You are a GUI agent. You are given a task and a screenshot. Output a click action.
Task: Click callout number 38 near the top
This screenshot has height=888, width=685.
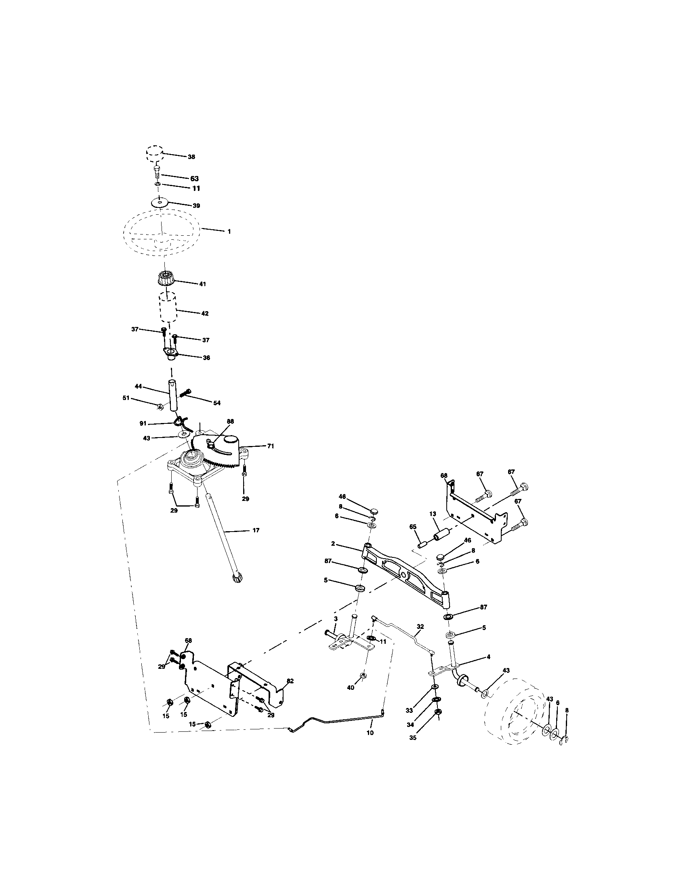click(x=191, y=157)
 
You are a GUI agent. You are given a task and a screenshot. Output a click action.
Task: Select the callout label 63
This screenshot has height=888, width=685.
click(x=194, y=178)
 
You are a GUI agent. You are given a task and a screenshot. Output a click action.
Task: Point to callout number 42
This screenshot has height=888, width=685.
click(x=205, y=314)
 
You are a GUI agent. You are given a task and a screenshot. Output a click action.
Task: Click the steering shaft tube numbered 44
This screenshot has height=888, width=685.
click(x=173, y=395)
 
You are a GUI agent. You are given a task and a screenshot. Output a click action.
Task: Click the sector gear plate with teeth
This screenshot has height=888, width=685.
click(x=216, y=452)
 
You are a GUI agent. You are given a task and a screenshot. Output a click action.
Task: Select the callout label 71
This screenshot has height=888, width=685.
click(x=270, y=446)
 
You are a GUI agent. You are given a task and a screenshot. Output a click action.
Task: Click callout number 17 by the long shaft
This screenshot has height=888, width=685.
click(x=255, y=530)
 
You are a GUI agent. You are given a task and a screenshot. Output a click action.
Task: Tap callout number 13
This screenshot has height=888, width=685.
click(x=432, y=514)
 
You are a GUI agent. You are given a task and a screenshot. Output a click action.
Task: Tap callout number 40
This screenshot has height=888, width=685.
click(x=351, y=687)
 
